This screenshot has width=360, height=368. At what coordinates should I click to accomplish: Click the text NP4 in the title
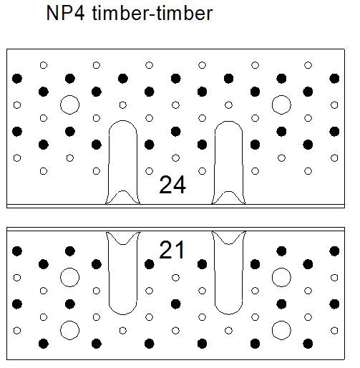65,13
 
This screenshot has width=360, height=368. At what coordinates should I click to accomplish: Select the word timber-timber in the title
152,13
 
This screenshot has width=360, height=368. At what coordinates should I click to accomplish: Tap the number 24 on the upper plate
172,185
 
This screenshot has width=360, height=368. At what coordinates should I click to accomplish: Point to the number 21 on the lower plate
172,250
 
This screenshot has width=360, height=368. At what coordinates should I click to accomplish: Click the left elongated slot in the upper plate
109,163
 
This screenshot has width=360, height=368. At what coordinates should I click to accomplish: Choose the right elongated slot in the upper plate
215,163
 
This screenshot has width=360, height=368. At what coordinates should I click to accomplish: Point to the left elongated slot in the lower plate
109,274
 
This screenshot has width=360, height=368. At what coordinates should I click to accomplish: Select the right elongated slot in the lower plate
215,274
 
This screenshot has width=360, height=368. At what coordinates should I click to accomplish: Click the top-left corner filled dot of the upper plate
17,78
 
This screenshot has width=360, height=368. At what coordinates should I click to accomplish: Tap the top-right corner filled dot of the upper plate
334,78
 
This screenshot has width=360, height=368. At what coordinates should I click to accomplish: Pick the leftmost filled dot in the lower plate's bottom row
44,344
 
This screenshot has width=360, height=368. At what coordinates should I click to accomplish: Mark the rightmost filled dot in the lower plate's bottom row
308,344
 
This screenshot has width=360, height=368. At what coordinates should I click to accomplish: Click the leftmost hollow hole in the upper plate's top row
44,65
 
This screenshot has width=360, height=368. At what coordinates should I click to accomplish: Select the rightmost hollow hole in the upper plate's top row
308,65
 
